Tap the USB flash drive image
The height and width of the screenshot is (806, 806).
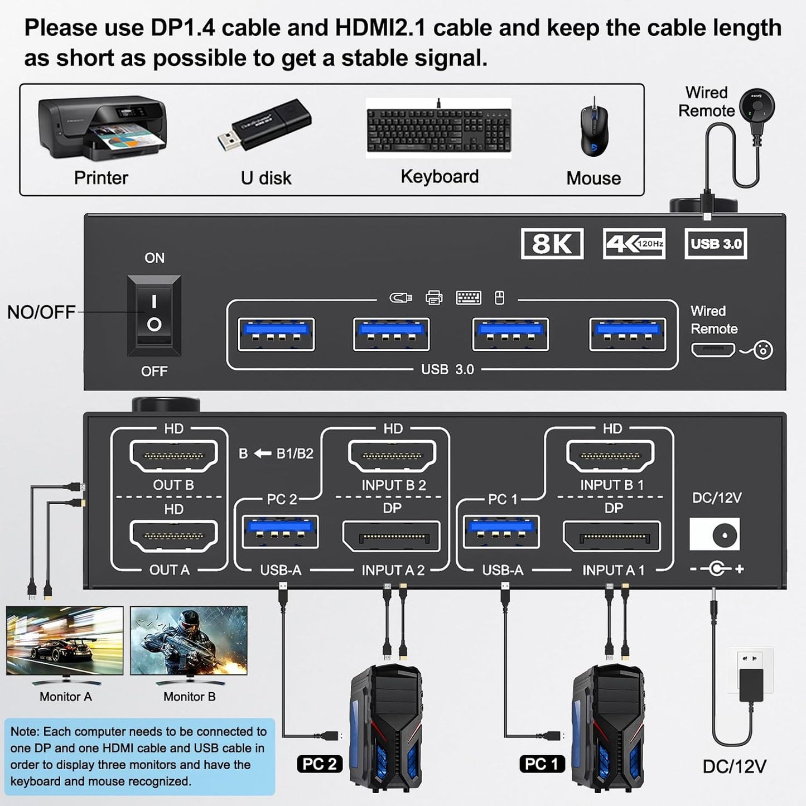(x=264, y=126)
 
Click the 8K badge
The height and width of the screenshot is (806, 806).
(x=552, y=244)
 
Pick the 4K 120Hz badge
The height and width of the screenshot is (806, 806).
(x=634, y=244)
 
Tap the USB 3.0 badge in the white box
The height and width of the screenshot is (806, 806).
(x=716, y=244)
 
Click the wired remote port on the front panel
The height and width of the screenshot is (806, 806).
(x=713, y=350)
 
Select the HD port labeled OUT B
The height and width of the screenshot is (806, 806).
(x=173, y=456)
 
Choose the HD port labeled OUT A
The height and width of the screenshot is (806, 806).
(x=173, y=537)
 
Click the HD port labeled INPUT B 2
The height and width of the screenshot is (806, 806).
(x=392, y=456)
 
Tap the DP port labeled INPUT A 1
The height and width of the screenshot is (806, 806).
(x=612, y=537)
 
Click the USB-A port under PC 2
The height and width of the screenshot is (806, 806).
(x=281, y=532)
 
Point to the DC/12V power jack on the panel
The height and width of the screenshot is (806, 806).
(x=715, y=534)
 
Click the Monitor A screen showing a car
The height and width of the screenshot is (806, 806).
(x=65, y=640)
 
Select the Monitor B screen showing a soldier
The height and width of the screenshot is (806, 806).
(x=189, y=640)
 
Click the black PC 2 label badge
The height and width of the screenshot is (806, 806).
(x=319, y=764)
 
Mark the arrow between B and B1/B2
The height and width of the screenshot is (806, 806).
(x=262, y=453)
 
